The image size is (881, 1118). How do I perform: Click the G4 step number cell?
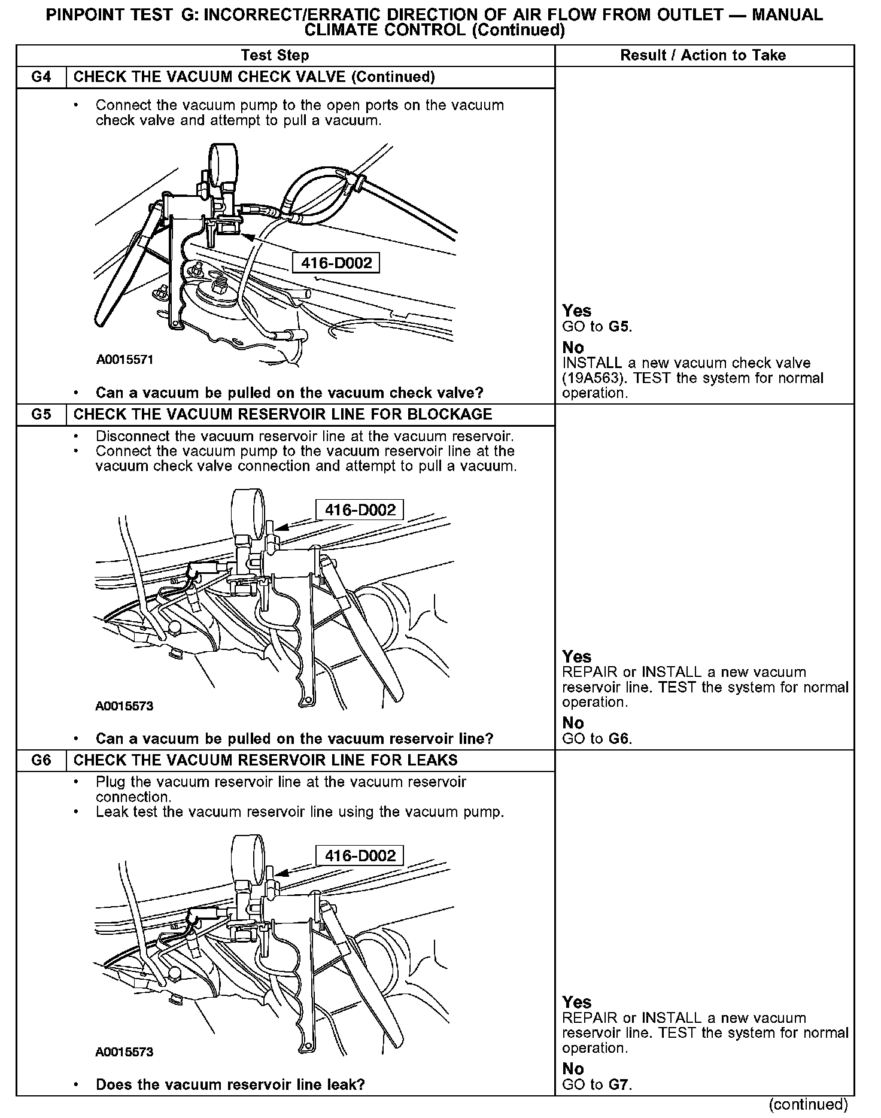point(41,77)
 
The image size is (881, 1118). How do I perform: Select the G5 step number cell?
point(41,415)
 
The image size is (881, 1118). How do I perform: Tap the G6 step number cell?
point(41,761)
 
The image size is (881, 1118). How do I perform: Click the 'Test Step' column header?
point(275,56)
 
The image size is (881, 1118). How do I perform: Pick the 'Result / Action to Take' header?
point(703,56)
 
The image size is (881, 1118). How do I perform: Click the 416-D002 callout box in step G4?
point(336,263)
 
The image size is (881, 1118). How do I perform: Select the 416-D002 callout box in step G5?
point(360,510)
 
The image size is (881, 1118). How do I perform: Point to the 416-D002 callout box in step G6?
point(360,856)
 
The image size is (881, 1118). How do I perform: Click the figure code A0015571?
point(124,360)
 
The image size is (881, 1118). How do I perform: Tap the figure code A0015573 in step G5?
point(124,706)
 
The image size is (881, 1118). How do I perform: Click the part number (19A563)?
point(590,378)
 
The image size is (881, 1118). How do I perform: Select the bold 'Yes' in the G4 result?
point(576,311)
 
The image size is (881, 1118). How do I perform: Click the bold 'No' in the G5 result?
point(573,723)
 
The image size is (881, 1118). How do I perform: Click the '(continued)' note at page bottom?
point(808,1104)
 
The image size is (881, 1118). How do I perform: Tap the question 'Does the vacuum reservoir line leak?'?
point(230,1084)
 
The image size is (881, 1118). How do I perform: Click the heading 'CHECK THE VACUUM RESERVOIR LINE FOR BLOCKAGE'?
point(282,415)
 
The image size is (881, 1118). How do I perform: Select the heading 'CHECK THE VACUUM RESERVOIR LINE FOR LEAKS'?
point(265,761)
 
